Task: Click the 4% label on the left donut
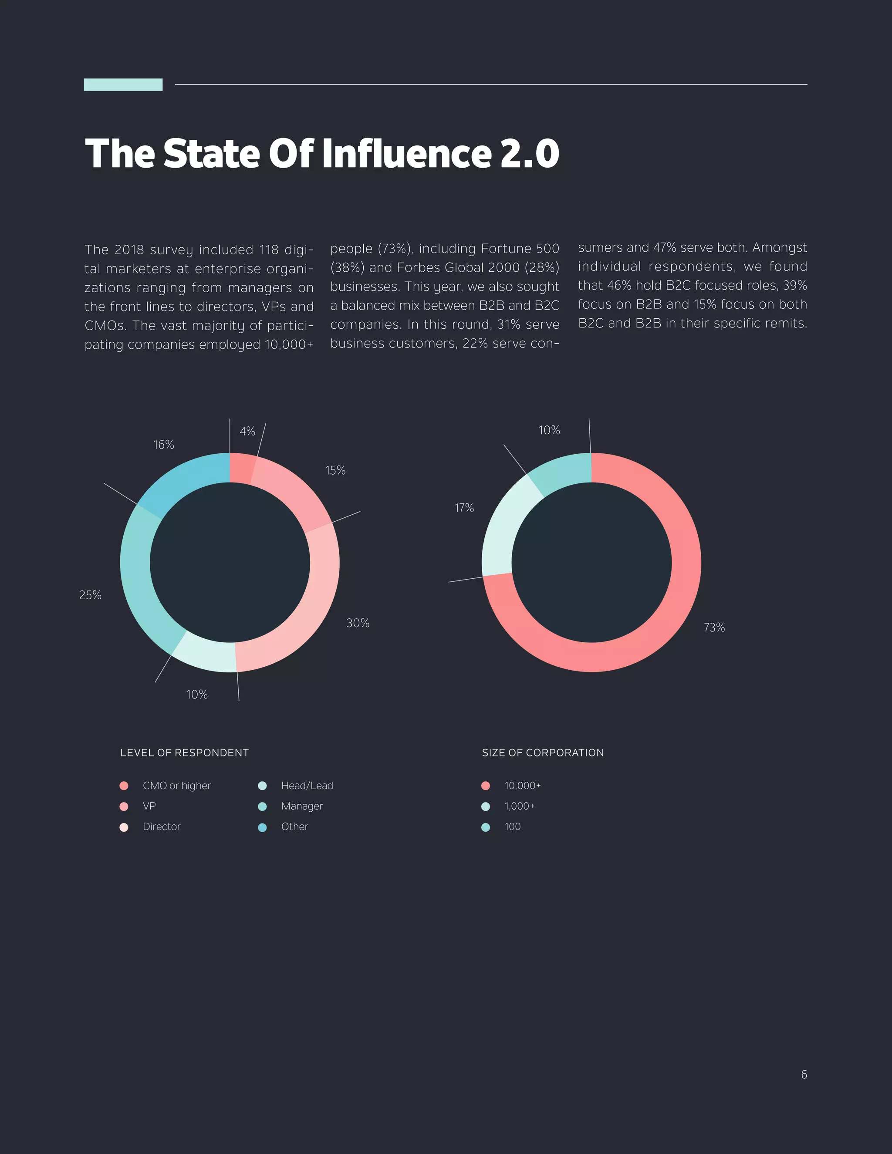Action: coord(247,431)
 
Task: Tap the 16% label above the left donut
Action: coord(163,445)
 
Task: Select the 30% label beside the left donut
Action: coord(358,623)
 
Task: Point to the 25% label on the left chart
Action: coord(90,595)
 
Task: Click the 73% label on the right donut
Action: coord(714,627)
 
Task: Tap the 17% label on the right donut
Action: coord(464,508)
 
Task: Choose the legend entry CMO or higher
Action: coord(176,786)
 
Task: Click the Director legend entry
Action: coord(161,827)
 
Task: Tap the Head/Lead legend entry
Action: coord(307,786)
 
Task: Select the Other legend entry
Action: coord(294,827)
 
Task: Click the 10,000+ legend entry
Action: coord(522,786)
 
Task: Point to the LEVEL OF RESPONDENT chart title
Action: coord(184,752)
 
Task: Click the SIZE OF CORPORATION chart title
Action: coord(543,752)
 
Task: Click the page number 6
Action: coord(804,1074)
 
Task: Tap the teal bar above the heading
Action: coord(123,84)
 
